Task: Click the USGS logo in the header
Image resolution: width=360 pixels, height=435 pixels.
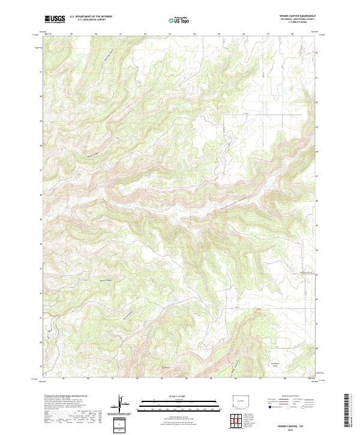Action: (55, 19)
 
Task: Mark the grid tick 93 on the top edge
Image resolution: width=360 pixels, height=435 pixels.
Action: (170, 34)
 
